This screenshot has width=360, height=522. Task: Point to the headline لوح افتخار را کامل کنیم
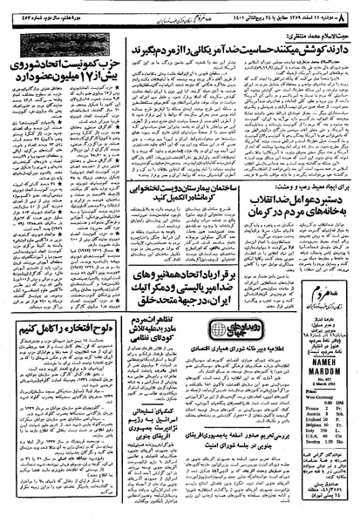click(x=59, y=304)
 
